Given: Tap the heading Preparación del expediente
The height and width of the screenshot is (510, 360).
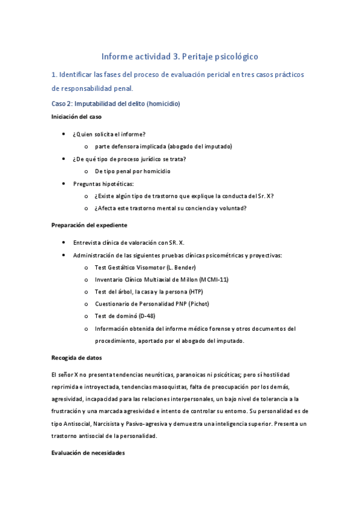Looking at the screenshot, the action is tap(89, 225).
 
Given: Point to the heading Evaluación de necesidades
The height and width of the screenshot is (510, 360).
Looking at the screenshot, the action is tap(88, 453).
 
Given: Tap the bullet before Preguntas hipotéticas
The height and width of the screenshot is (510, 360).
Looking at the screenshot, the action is tap(64, 183).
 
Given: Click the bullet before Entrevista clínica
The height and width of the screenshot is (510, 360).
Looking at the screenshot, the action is tap(64, 242).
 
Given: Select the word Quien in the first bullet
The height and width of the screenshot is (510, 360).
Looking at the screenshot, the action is tap(85, 134).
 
